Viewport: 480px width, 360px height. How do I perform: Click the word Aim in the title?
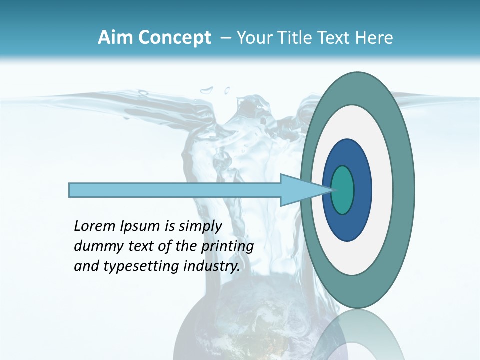[114, 38]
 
